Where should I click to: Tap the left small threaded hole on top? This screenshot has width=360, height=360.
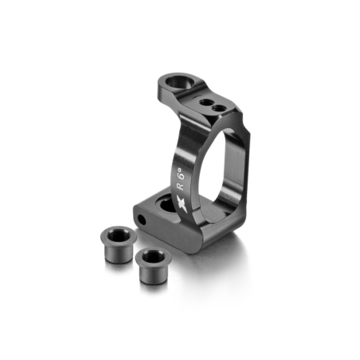[x=205, y=102]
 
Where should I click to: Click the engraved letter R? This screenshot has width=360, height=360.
[x=181, y=186]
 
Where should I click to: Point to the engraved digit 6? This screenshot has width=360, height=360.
[x=179, y=176]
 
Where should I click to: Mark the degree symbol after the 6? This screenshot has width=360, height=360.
[x=179, y=169]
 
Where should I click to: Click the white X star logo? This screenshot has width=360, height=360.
[x=182, y=204]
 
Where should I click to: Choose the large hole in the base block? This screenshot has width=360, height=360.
[x=168, y=203]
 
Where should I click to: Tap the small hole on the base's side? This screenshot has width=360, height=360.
[x=142, y=220]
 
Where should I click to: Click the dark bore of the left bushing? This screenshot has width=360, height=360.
[x=119, y=235]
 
